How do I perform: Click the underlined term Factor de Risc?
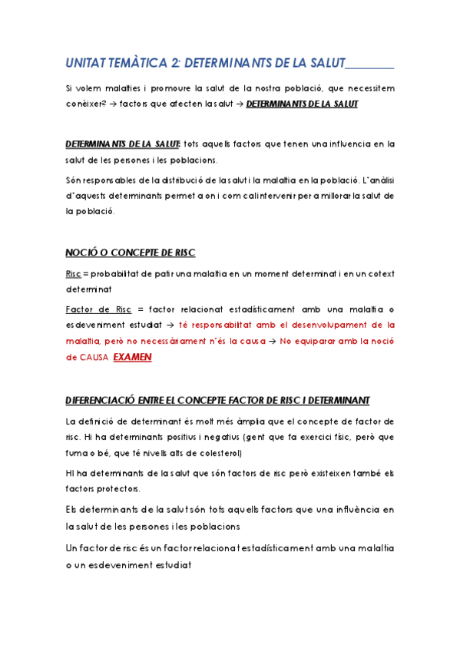click(x=99, y=309)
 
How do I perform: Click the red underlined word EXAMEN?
click(x=134, y=357)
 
